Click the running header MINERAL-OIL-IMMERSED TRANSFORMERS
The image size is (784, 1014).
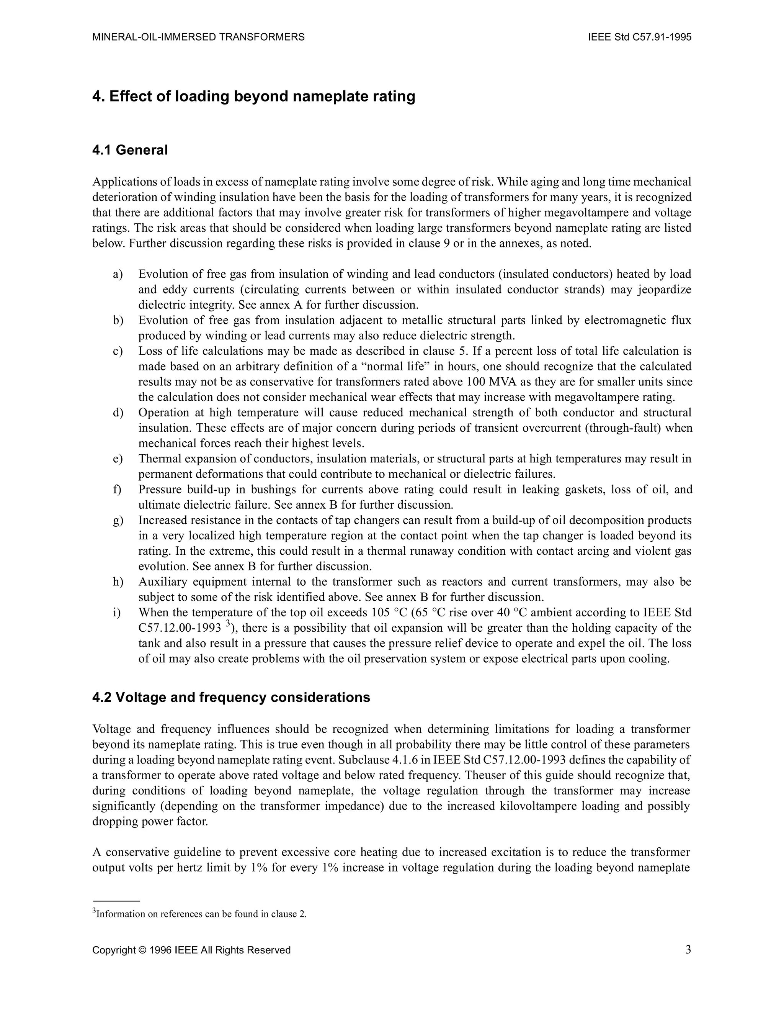199,37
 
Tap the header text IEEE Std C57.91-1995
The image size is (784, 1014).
640,37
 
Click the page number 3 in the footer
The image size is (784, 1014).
688,950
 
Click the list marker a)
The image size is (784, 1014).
118,274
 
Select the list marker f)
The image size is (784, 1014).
117,489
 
